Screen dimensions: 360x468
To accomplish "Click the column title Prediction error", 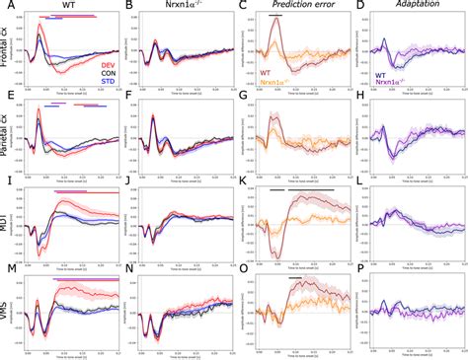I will (x=293, y=7).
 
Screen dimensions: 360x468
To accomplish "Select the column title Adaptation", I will (x=408, y=7).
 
